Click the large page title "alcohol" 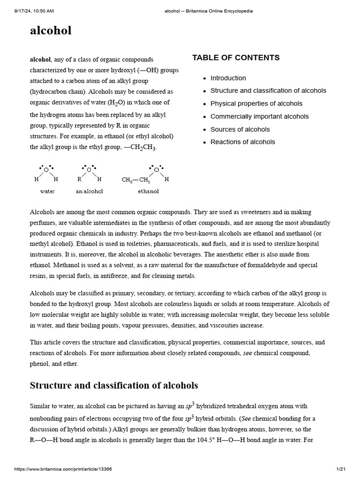click(51, 31)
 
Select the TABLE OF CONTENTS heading click(236, 58)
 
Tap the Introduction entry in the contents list click(228, 78)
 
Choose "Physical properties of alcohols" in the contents click(256, 104)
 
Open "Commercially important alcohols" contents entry click(259, 116)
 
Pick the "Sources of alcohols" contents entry click(240, 129)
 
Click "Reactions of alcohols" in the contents click(242, 142)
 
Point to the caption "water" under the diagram click(47, 191)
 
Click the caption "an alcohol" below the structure click(89, 191)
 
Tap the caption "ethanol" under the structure click(148, 191)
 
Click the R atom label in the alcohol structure click(79, 179)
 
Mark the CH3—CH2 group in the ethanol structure click(136, 180)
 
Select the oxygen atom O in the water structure click(46, 170)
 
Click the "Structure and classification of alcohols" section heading click(114, 385)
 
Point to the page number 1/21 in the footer click(340, 469)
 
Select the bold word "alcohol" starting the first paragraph click(40, 60)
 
